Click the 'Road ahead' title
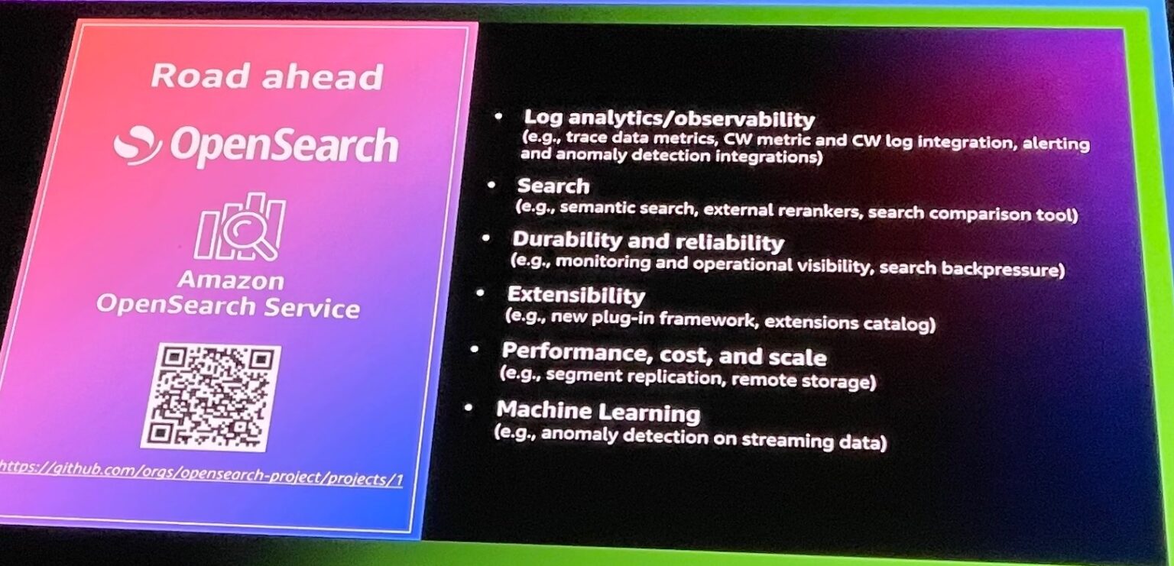click(266, 76)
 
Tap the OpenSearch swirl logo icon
click(138, 144)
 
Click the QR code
click(210, 396)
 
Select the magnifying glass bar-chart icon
click(240, 227)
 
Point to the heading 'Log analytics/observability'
click(668, 119)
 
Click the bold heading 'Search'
click(553, 186)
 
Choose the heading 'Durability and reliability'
click(647, 241)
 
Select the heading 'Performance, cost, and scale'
click(663, 355)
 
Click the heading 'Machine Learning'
click(597, 412)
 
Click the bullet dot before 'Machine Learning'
click(468, 409)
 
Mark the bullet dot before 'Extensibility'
click(479, 293)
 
